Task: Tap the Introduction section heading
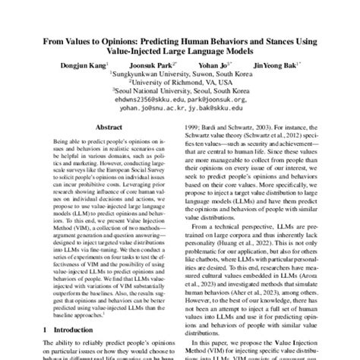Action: (64, 331)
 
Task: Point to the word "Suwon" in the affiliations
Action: (194, 76)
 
